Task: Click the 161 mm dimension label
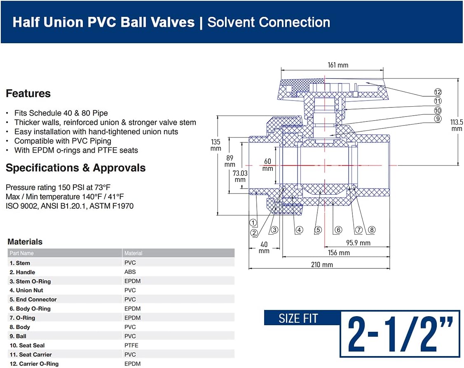click(338, 65)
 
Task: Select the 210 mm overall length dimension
click(321, 265)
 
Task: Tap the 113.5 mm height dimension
click(457, 125)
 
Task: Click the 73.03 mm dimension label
click(240, 176)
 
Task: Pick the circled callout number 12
click(438, 92)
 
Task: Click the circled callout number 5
click(318, 230)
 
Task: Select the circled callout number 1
click(253, 223)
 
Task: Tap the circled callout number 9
click(438, 119)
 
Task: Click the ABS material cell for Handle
click(130, 272)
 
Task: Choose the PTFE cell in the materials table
click(131, 345)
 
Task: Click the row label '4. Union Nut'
click(26, 290)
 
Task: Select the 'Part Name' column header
click(21, 253)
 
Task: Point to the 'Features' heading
click(28, 93)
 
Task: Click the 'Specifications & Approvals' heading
click(75, 168)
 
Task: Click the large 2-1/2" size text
click(400, 334)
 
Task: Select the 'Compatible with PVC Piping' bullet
click(63, 141)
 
